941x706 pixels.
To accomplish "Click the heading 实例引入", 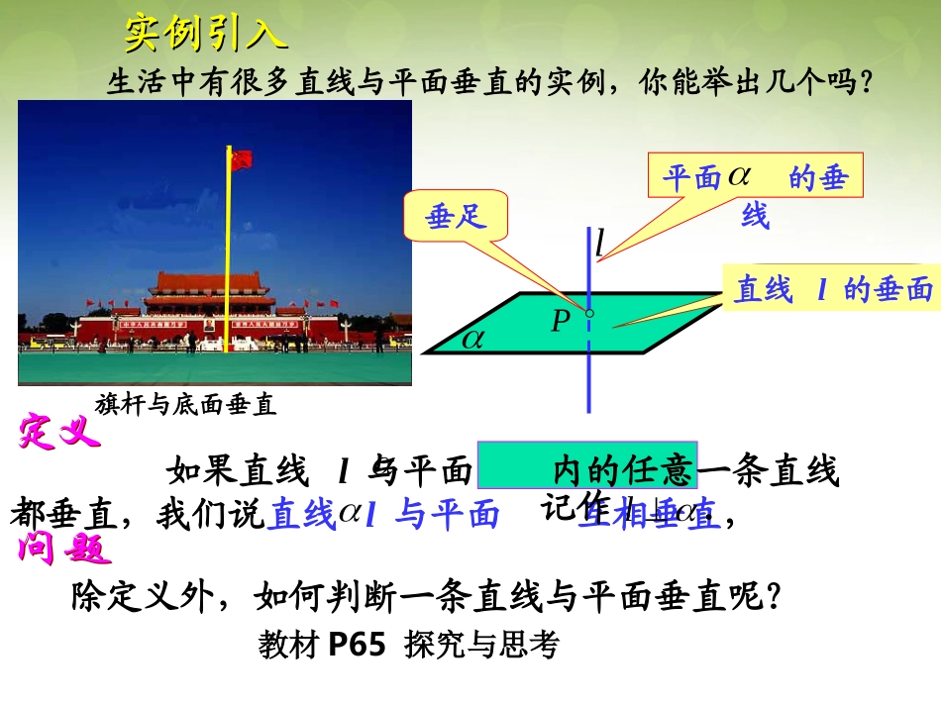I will click(x=206, y=36).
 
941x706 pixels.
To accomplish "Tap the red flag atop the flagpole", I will click(x=242, y=159).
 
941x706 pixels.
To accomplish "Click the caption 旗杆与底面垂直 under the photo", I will click(x=185, y=404).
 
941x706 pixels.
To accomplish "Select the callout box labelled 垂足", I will click(x=456, y=217).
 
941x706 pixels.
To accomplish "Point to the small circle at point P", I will click(x=589, y=314).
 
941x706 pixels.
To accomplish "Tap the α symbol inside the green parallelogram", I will click(x=473, y=339).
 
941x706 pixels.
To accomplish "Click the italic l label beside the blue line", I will click(x=599, y=244).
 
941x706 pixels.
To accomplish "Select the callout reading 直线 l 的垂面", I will click(x=832, y=289).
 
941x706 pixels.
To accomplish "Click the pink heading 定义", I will click(x=59, y=434).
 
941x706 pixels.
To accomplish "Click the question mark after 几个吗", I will click(x=865, y=82).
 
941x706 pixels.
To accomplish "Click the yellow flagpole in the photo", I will click(x=230, y=267).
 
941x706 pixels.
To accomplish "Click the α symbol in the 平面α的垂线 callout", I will click(x=740, y=176).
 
